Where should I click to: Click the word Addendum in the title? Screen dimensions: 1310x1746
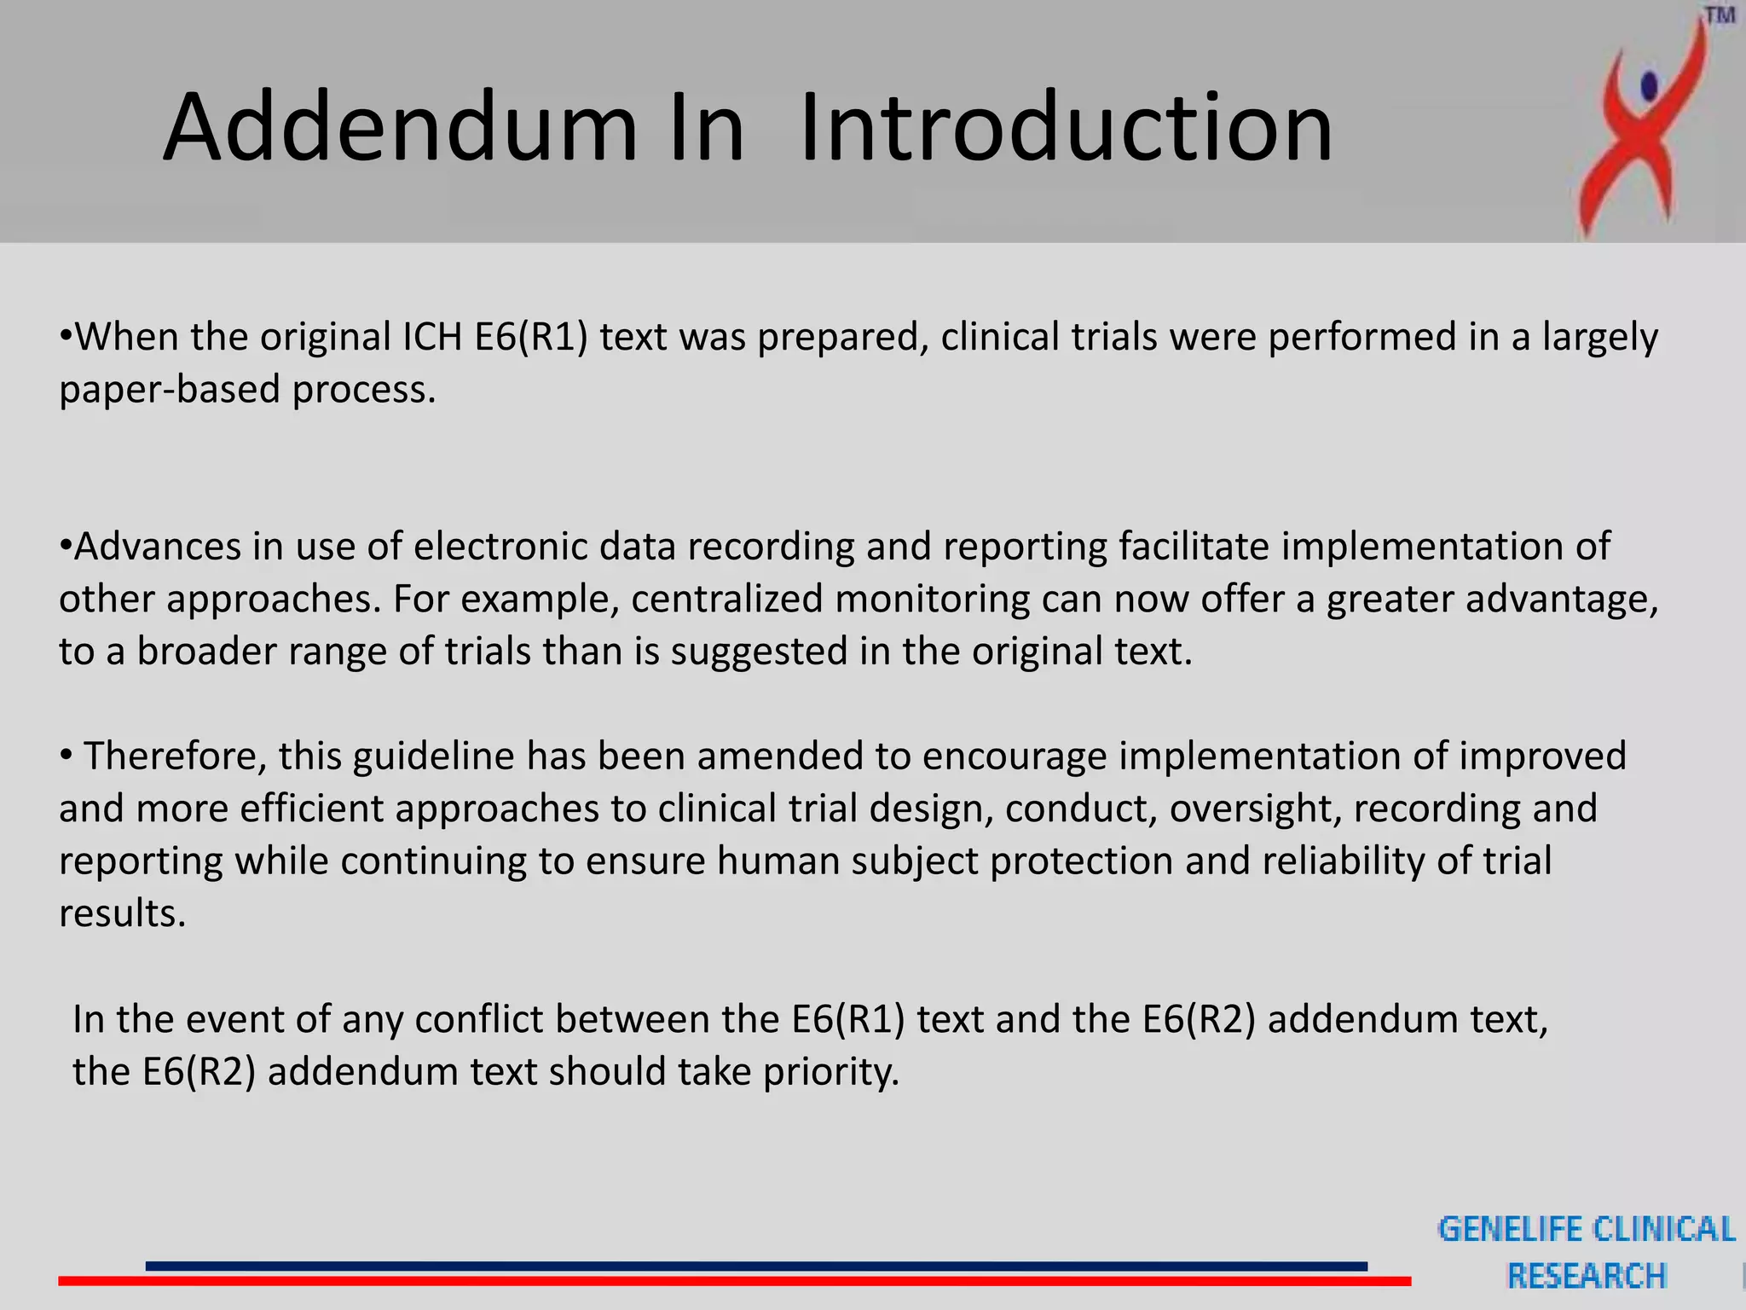click(x=401, y=128)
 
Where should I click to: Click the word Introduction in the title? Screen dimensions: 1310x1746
click(x=1066, y=128)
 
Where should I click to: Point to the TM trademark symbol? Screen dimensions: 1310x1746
click(x=1720, y=16)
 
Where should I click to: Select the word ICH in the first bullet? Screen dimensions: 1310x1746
click(x=433, y=337)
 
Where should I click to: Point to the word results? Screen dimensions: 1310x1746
click(x=122, y=913)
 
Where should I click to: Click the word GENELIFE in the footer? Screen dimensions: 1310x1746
click(x=1509, y=1229)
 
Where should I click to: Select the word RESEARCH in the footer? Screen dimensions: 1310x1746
click(x=1587, y=1276)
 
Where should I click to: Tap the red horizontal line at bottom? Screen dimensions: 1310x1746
click(x=733, y=1281)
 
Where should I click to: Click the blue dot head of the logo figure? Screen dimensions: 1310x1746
click(x=1649, y=85)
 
